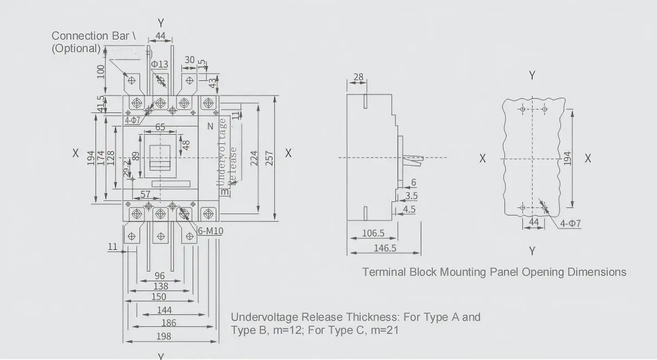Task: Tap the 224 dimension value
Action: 253,158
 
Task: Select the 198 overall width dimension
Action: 163,336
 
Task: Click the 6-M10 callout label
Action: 211,231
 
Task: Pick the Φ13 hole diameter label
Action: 160,64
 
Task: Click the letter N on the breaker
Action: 210,127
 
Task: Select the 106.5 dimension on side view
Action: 373,233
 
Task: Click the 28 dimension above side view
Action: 358,77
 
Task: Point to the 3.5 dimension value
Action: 411,196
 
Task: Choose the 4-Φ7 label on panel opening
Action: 570,223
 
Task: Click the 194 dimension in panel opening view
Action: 567,158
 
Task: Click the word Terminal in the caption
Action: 384,272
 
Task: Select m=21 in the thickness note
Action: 382,330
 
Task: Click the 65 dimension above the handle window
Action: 161,128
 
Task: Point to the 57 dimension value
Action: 146,194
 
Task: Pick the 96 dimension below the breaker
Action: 160,276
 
